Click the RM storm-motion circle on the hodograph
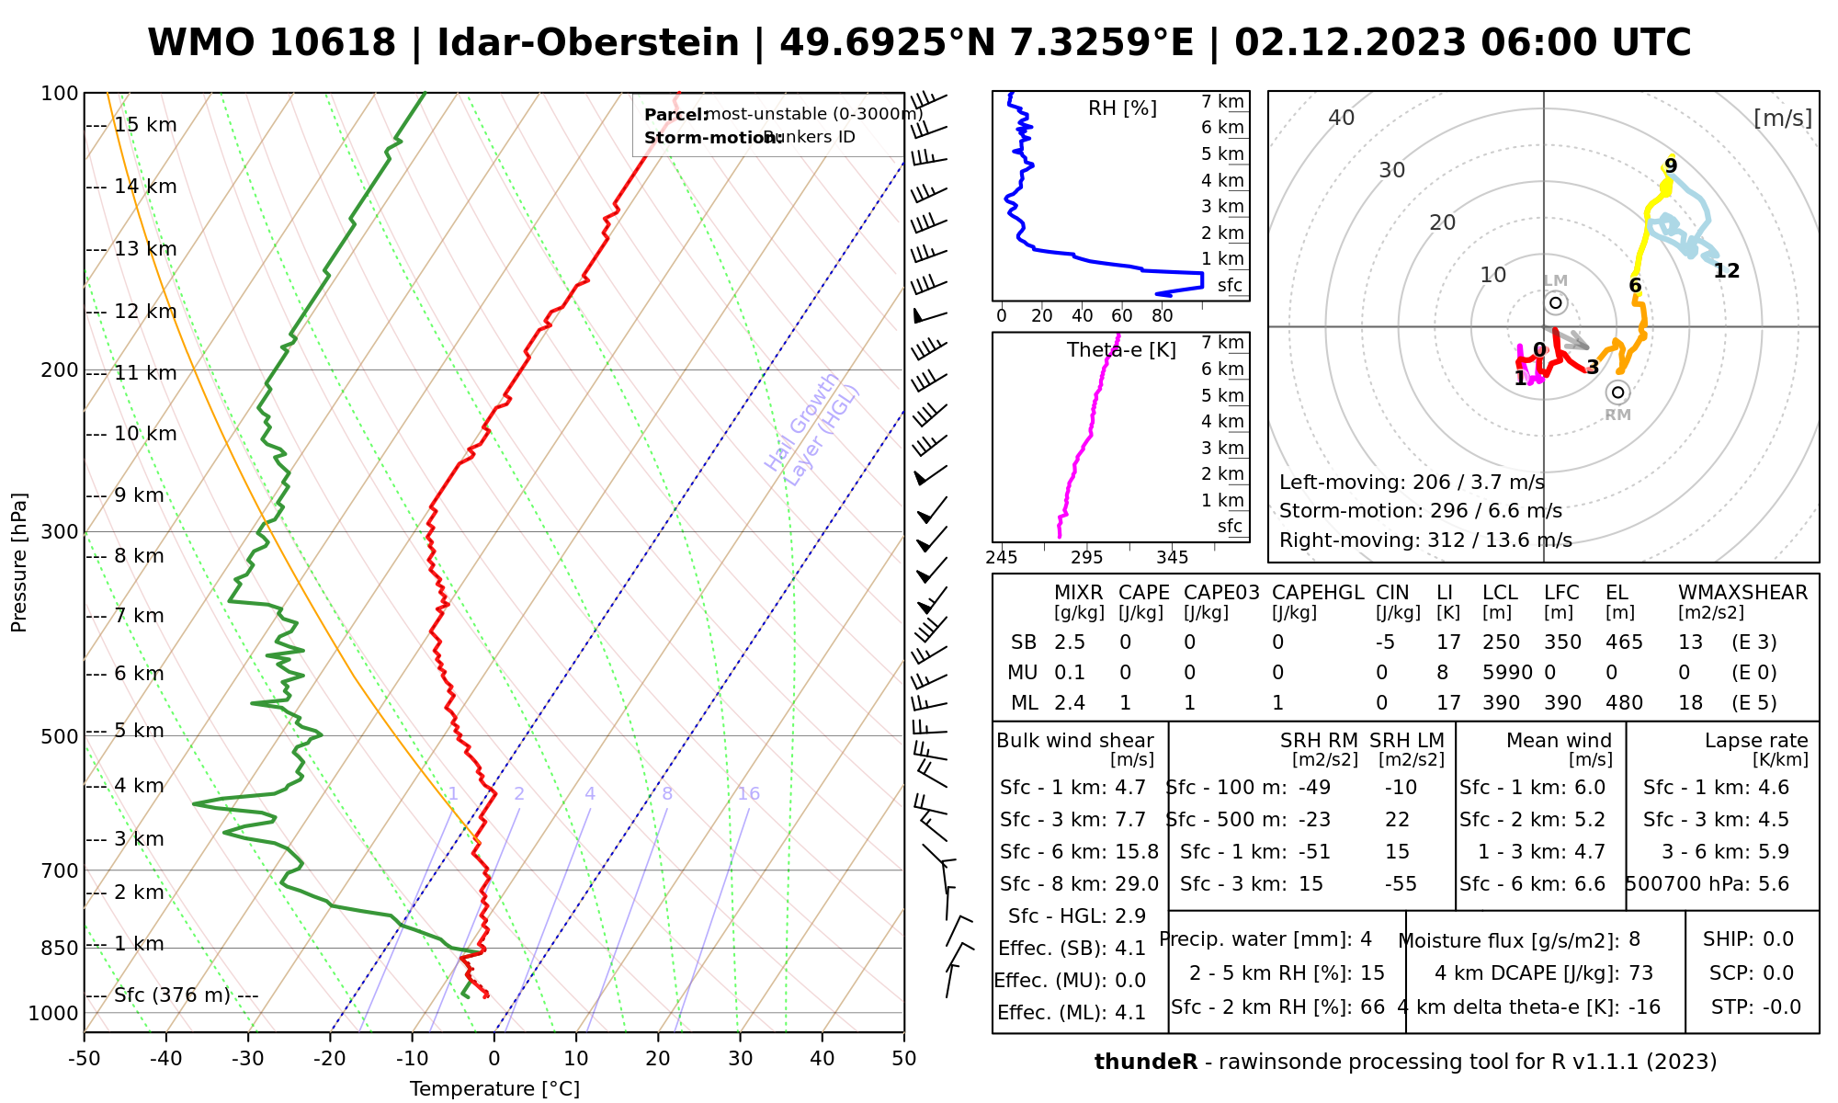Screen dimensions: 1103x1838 [x=1617, y=392]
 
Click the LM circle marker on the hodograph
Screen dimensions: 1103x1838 [x=1555, y=302]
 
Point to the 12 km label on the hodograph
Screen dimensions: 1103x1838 [x=1726, y=270]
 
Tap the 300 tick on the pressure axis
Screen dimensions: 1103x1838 [x=60, y=531]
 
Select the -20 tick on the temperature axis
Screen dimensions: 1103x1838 [x=330, y=1059]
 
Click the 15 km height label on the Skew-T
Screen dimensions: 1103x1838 [x=145, y=125]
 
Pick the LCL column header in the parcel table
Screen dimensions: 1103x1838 [x=1500, y=593]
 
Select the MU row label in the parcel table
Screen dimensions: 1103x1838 [x=1023, y=673]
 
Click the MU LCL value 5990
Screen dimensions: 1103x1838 [x=1507, y=673]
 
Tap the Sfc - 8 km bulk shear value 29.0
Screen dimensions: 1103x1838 [x=1137, y=884]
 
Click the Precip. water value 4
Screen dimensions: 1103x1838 [x=1366, y=939]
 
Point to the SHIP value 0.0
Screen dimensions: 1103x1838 [x=1778, y=939]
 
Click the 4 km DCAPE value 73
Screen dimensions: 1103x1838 [x=1640, y=973]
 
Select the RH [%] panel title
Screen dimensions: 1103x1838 [x=1122, y=108]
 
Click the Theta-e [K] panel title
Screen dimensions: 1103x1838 [x=1121, y=350]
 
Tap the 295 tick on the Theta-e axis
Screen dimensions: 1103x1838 [x=1086, y=558]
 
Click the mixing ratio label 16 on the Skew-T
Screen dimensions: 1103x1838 [x=748, y=794]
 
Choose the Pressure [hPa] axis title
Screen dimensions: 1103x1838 [x=19, y=563]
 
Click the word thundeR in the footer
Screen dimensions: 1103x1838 [x=1145, y=1063]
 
